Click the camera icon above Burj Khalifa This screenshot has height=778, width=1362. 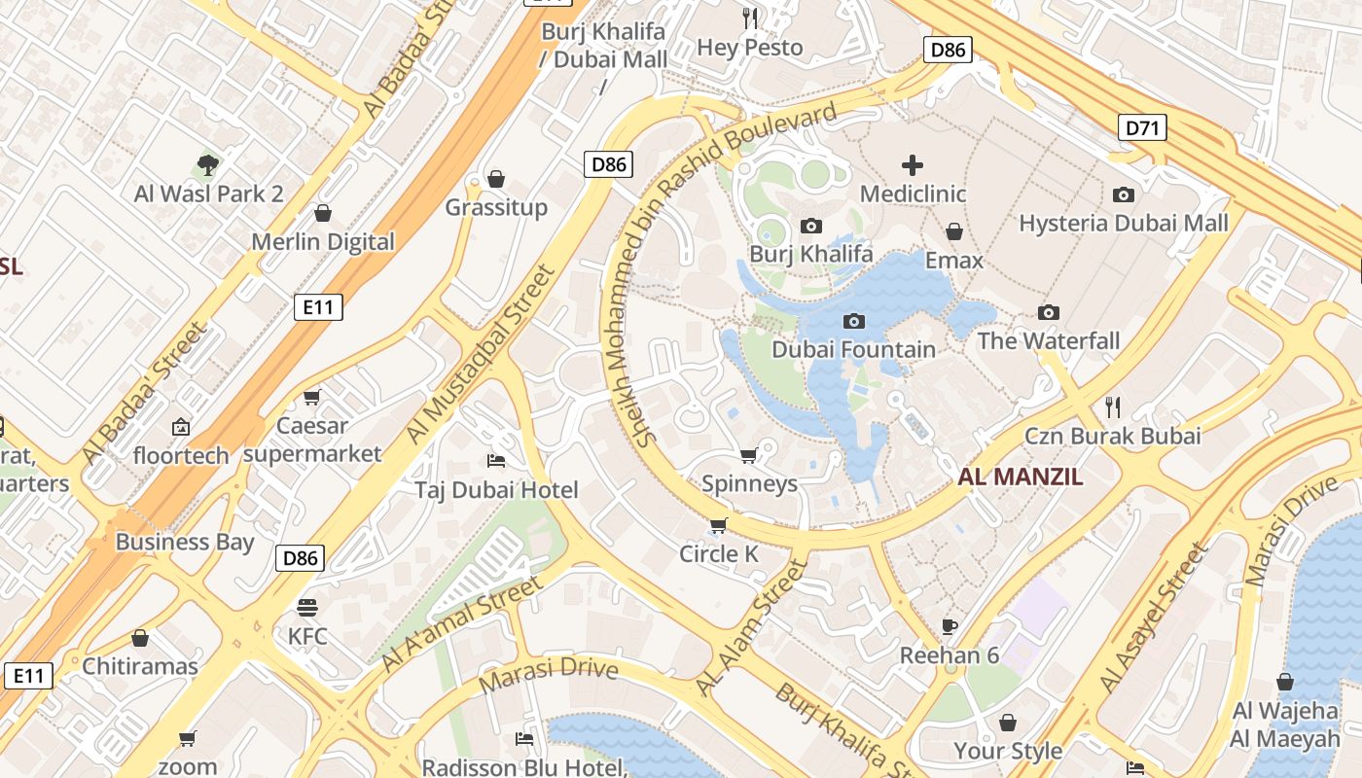point(810,227)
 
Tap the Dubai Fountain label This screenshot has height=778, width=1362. point(853,349)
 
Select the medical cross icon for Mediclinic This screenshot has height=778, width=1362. point(913,165)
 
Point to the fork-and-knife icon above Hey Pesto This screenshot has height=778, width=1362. point(750,18)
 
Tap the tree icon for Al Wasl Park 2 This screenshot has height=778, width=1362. point(207,165)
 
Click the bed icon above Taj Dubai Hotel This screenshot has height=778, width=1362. point(496,460)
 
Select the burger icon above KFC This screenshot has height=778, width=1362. point(307,608)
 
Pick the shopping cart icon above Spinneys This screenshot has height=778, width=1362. point(748,455)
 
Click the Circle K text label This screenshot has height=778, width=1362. point(719,553)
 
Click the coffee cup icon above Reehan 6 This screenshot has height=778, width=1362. point(950,626)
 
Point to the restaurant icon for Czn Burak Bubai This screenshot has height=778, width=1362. point(1113,407)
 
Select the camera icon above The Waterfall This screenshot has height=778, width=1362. point(1048,312)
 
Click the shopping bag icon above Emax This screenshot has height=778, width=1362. point(954,231)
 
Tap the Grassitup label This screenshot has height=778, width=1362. point(496,207)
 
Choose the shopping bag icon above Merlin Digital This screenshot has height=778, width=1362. point(323,213)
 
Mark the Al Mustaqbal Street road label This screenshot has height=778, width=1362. point(480,354)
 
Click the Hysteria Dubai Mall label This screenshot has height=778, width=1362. point(1123,223)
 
